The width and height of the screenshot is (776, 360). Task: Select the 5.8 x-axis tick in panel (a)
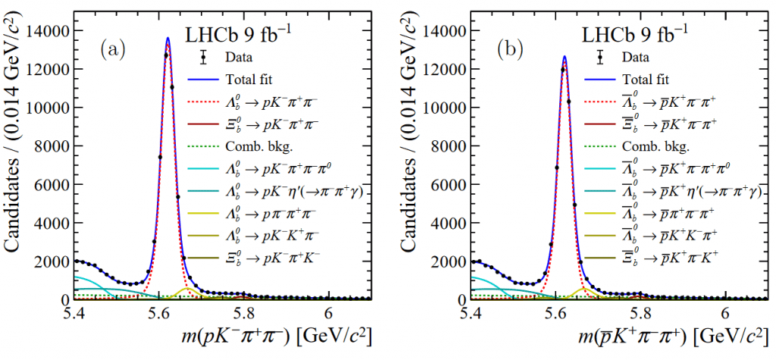(x=244, y=311)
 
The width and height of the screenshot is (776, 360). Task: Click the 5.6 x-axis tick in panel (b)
(x=555, y=311)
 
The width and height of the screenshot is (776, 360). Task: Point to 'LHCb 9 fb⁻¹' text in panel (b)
(x=635, y=33)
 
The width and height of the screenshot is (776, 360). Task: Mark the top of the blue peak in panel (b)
(x=565, y=55)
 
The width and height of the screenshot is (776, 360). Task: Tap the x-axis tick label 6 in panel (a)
(x=328, y=311)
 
